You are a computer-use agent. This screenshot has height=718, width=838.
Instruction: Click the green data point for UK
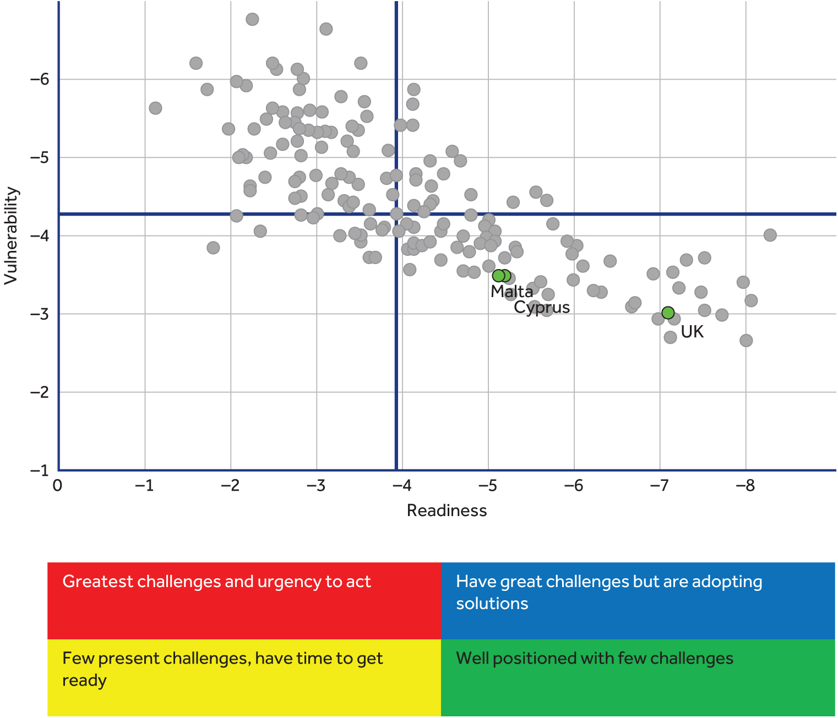(x=667, y=313)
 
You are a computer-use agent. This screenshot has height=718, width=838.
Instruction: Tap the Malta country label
(x=511, y=291)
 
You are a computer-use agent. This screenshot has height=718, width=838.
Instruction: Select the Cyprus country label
(x=542, y=307)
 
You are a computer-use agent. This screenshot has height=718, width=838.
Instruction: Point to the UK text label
(x=692, y=331)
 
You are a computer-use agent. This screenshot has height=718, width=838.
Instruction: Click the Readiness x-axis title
(x=447, y=511)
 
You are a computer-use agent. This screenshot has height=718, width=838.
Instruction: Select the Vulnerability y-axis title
(x=11, y=236)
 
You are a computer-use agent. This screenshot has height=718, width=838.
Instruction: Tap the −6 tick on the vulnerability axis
(x=39, y=79)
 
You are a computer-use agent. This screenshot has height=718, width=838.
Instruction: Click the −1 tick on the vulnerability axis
(x=39, y=470)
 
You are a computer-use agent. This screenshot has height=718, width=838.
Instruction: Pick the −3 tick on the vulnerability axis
(x=39, y=314)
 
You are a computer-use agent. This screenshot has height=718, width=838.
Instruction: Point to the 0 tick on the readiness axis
(x=57, y=485)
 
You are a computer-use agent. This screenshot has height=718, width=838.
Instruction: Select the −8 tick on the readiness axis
(x=745, y=485)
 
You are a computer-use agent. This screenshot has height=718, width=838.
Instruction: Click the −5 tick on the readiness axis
(x=487, y=485)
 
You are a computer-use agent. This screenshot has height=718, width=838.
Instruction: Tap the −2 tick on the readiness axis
(x=230, y=485)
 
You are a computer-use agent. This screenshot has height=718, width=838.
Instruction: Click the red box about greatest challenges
(x=244, y=600)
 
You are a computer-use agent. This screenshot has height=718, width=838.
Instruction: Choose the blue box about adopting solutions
(x=638, y=600)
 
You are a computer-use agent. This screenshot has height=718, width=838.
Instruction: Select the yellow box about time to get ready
(x=244, y=677)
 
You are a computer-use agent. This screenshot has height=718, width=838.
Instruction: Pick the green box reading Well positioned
(x=638, y=677)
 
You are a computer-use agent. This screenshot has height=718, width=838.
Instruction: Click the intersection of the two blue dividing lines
(x=396, y=213)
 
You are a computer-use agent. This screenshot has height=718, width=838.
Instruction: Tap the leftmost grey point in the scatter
(x=155, y=108)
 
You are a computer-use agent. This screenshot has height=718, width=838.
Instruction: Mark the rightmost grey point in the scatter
(x=770, y=235)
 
